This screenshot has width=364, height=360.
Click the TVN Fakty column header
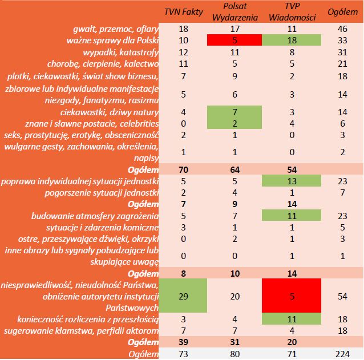coord(183,12)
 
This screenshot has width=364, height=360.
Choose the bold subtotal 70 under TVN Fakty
coord(183,169)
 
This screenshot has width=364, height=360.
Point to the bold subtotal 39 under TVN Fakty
coord(183,342)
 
